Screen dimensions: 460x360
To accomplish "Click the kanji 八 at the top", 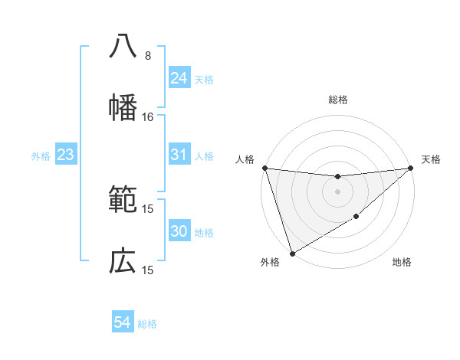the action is click(x=123, y=47).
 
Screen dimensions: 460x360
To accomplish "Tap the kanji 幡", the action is click(x=123, y=108).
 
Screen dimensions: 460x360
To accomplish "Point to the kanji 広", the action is click(x=123, y=261).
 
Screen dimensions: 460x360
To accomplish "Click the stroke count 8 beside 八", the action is click(x=148, y=56).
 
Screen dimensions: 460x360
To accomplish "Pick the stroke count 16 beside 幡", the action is click(x=148, y=117).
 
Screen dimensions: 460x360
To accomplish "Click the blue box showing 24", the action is click(x=179, y=78).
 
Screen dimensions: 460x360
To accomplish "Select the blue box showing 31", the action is click(x=179, y=155).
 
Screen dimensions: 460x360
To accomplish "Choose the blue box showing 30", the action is click(x=179, y=231).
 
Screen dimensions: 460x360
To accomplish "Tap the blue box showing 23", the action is click(x=66, y=155).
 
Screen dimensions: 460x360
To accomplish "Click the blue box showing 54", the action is click(x=123, y=323).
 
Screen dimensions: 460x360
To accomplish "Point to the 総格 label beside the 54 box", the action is click(x=147, y=324).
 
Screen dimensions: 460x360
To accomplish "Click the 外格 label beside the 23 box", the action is click(x=41, y=155).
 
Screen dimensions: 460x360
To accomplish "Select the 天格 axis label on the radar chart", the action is click(x=432, y=159).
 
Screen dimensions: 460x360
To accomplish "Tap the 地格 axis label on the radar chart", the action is click(x=402, y=262).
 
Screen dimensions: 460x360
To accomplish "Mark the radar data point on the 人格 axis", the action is click(x=264, y=168).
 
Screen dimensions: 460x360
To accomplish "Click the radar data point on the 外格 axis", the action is click(x=292, y=254).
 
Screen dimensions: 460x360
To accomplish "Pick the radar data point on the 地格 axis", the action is click(x=356, y=218).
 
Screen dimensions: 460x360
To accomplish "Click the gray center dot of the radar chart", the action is click(x=337, y=191).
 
